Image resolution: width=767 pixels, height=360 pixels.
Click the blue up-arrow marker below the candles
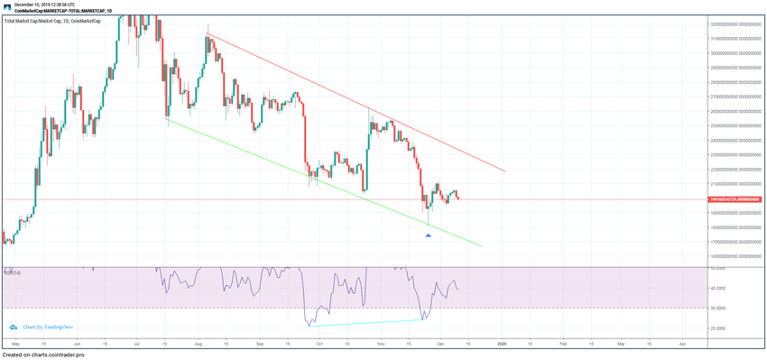[428, 235]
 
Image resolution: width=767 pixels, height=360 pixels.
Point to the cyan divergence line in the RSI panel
[361, 322]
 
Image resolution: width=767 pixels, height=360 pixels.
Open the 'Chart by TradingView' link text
[48, 327]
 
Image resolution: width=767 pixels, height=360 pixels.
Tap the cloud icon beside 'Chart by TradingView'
[14, 327]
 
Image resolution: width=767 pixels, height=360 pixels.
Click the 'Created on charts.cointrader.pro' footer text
[43, 355]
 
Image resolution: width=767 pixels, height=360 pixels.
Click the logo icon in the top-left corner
[6, 6]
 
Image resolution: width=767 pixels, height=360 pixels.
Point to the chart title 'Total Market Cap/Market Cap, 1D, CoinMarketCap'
[52, 19]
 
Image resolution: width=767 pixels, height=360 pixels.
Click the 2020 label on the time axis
[503, 344]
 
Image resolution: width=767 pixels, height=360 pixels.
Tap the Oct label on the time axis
[319, 344]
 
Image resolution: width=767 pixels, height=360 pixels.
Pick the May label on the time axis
[14, 344]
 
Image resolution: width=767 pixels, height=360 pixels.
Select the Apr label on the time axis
[682, 344]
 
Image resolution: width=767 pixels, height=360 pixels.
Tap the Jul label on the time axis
[136, 344]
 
